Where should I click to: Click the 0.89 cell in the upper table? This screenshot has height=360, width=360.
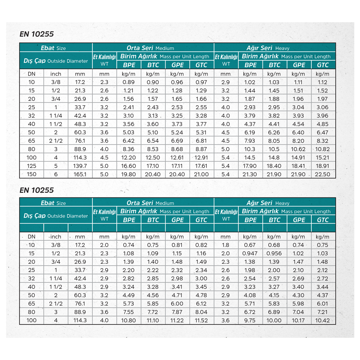(128, 82)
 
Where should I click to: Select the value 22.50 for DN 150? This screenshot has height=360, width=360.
(322, 174)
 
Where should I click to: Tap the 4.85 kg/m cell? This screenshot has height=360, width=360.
(322, 124)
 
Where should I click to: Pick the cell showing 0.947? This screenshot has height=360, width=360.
(250, 253)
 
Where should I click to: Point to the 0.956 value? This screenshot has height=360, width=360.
(274, 253)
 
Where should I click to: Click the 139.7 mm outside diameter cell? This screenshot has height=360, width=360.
(80, 166)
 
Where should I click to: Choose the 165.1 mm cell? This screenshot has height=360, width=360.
(80, 174)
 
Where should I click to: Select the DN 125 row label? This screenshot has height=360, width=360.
(31, 166)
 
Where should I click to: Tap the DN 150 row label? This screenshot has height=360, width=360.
(31, 174)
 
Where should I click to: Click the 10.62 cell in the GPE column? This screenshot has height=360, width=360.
(298, 149)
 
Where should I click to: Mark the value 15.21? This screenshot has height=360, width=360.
(322, 157)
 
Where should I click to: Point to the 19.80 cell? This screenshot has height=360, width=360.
(128, 174)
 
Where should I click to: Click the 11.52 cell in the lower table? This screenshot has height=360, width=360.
(201, 320)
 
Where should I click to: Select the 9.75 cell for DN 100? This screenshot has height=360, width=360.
(250, 320)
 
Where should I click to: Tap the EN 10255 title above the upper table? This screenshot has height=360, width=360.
(37, 34)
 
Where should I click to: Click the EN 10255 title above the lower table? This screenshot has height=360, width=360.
(37, 190)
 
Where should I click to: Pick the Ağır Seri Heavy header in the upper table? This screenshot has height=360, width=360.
(268, 48)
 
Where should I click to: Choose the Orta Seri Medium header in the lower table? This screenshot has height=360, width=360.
(150, 203)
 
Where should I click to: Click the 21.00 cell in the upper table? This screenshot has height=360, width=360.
(201, 174)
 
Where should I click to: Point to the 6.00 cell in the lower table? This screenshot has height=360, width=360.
(177, 304)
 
